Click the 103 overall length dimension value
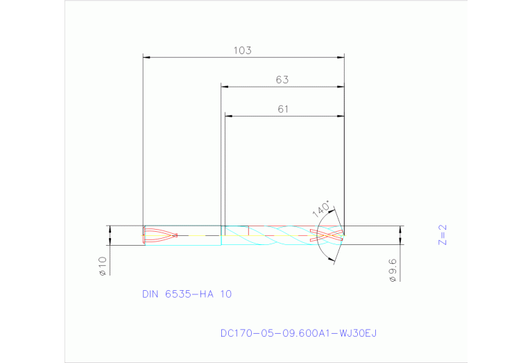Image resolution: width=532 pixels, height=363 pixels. (x=242, y=50)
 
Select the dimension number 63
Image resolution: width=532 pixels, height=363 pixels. (x=282, y=80)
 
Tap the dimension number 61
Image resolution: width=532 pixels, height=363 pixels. (x=282, y=109)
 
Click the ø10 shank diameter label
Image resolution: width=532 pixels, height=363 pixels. (x=101, y=266)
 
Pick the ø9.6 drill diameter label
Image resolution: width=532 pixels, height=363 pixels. (x=392, y=270)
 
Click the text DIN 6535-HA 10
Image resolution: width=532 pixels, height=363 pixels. (x=187, y=294)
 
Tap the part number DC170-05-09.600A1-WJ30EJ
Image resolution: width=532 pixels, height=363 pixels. (x=298, y=334)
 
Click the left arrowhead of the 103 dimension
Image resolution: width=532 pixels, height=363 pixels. (x=146, y=57)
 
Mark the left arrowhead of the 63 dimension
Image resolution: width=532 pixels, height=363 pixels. (x=225, y=87)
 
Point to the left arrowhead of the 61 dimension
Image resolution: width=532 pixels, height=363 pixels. (x=228, y=116)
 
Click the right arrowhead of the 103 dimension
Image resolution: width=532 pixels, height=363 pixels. (x=341, y=57)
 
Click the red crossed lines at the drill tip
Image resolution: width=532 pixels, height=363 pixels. (x=327, y=235)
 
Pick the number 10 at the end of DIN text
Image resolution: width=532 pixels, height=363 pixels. (x=225, y=294)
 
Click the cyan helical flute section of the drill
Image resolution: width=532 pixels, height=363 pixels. (x=277, y=236)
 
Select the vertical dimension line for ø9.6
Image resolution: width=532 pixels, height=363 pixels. (x=400, y=235)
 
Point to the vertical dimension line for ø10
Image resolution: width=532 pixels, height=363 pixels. (x=110, y=235)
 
